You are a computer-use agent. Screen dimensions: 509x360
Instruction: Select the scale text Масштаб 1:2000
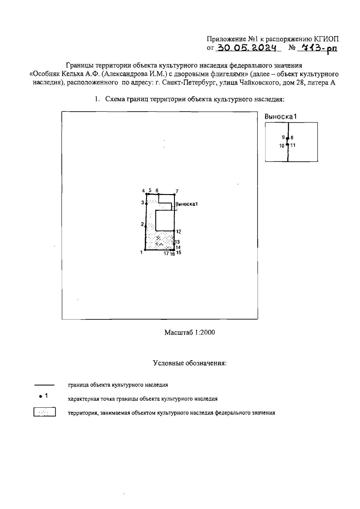[x=190, y=332]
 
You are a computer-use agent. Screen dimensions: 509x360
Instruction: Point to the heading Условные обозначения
[x=190, y=363]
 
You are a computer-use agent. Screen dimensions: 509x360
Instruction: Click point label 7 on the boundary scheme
[x=177, y=191]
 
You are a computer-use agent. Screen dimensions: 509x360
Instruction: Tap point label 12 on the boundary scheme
[x=178, y=232]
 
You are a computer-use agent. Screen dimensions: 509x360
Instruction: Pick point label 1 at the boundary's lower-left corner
[x=141, y=253]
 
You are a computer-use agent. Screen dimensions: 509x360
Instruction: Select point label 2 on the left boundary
[x=142, y=224]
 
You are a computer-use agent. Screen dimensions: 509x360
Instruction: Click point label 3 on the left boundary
[x=142, y=203]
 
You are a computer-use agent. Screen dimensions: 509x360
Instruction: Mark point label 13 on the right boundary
[x=178, y=242]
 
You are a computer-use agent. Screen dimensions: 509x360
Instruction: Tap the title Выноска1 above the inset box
[x=281, y=117]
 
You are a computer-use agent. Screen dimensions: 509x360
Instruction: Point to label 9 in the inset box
[x=283, y=137]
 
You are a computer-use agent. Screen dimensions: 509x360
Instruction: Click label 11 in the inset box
[x=293, y=145]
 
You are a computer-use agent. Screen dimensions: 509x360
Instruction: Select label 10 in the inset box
[x=282, y=146]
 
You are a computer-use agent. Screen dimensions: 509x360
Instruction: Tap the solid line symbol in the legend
[x=44, y=385]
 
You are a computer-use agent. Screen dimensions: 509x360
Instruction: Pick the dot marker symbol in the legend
[x=40, y=397]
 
